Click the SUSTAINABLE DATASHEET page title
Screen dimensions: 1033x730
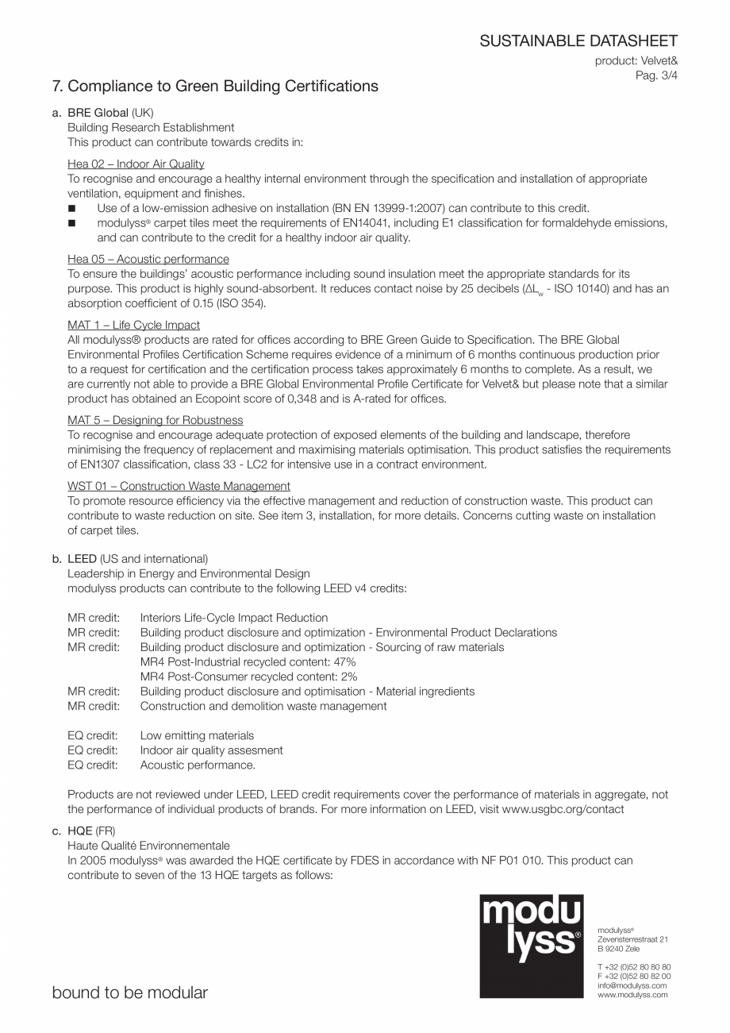[578, 41]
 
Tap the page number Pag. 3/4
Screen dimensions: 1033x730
[656, 75]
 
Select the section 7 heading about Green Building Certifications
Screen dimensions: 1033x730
[215, 86]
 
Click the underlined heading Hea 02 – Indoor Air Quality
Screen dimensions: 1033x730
[136, 164]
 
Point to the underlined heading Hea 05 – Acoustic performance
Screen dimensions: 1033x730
[148, 259]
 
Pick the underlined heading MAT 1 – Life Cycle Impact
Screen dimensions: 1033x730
[133, 325]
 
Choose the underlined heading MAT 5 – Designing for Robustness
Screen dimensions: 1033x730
[156, 420]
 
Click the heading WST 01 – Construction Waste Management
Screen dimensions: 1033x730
[179, 486]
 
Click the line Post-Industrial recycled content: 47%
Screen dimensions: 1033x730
[248, 662]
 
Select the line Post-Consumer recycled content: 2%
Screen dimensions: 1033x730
[248, 676]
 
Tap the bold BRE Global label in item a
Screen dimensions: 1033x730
[98, 113]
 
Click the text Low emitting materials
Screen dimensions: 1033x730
[197, 735]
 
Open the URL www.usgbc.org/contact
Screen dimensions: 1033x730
[563, 809]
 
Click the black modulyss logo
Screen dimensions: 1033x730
[532, 946]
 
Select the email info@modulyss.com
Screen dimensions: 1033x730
[632, 985]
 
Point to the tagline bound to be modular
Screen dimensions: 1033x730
[130, 993]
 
